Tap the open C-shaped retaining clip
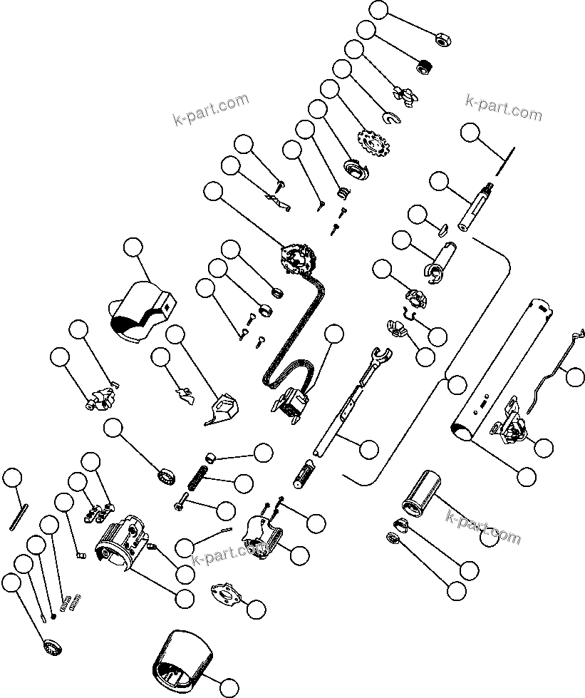click(x=389, y=118)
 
